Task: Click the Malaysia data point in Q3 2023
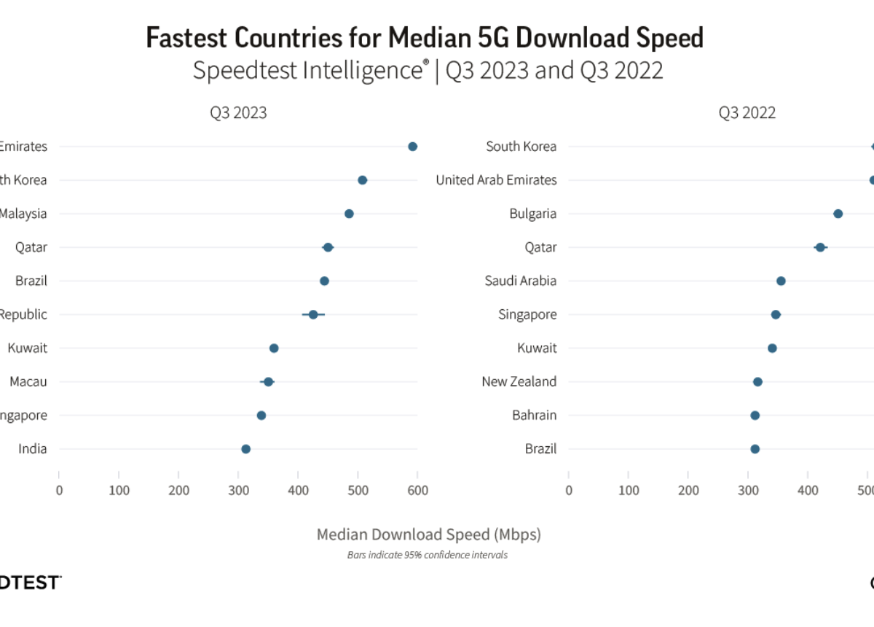[349, 214]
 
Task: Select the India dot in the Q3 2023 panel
[245, 449]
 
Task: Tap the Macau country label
[28, 381]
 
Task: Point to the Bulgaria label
[533, 214]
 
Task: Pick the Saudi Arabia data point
[781, 281]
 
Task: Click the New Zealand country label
[519, 381]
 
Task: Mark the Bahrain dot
[755, 416]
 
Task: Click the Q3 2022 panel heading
[747, 113]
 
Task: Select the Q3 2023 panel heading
[238, 113]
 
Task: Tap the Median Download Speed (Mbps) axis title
[429, 534]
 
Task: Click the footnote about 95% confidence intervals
[427, 555]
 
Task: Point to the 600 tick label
[417, 490]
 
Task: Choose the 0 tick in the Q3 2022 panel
[569, 490]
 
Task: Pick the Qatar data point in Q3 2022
[820, 247]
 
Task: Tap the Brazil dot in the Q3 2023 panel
[324, 281]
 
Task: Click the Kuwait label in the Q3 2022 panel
[537, 348]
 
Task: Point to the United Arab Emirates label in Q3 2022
[496, 180]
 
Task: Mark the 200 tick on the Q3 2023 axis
[178, 490]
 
